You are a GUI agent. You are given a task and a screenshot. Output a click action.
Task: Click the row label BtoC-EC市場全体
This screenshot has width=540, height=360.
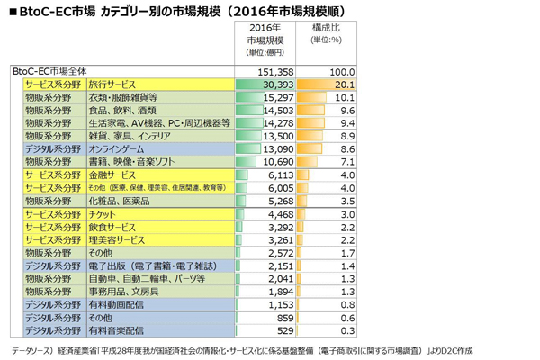[49, 70]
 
